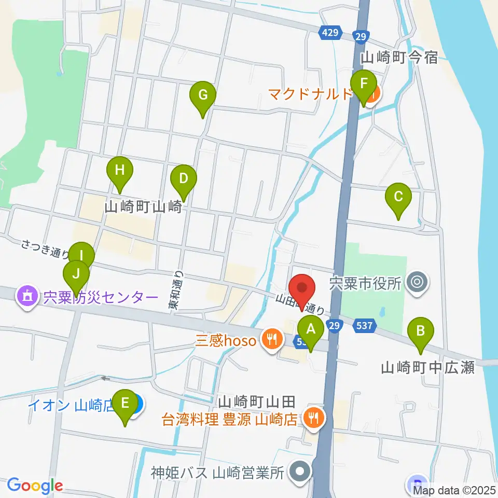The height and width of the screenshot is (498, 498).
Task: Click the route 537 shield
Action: pyautogui.click(x=365, y=326)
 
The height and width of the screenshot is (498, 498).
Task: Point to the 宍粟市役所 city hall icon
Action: pyautogui.click(x=416, y=283)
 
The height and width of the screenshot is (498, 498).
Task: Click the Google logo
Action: pyautogui.click(x=34, y=486)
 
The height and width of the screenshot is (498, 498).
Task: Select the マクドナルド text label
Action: pyautogui.click(x=310, y=95)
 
